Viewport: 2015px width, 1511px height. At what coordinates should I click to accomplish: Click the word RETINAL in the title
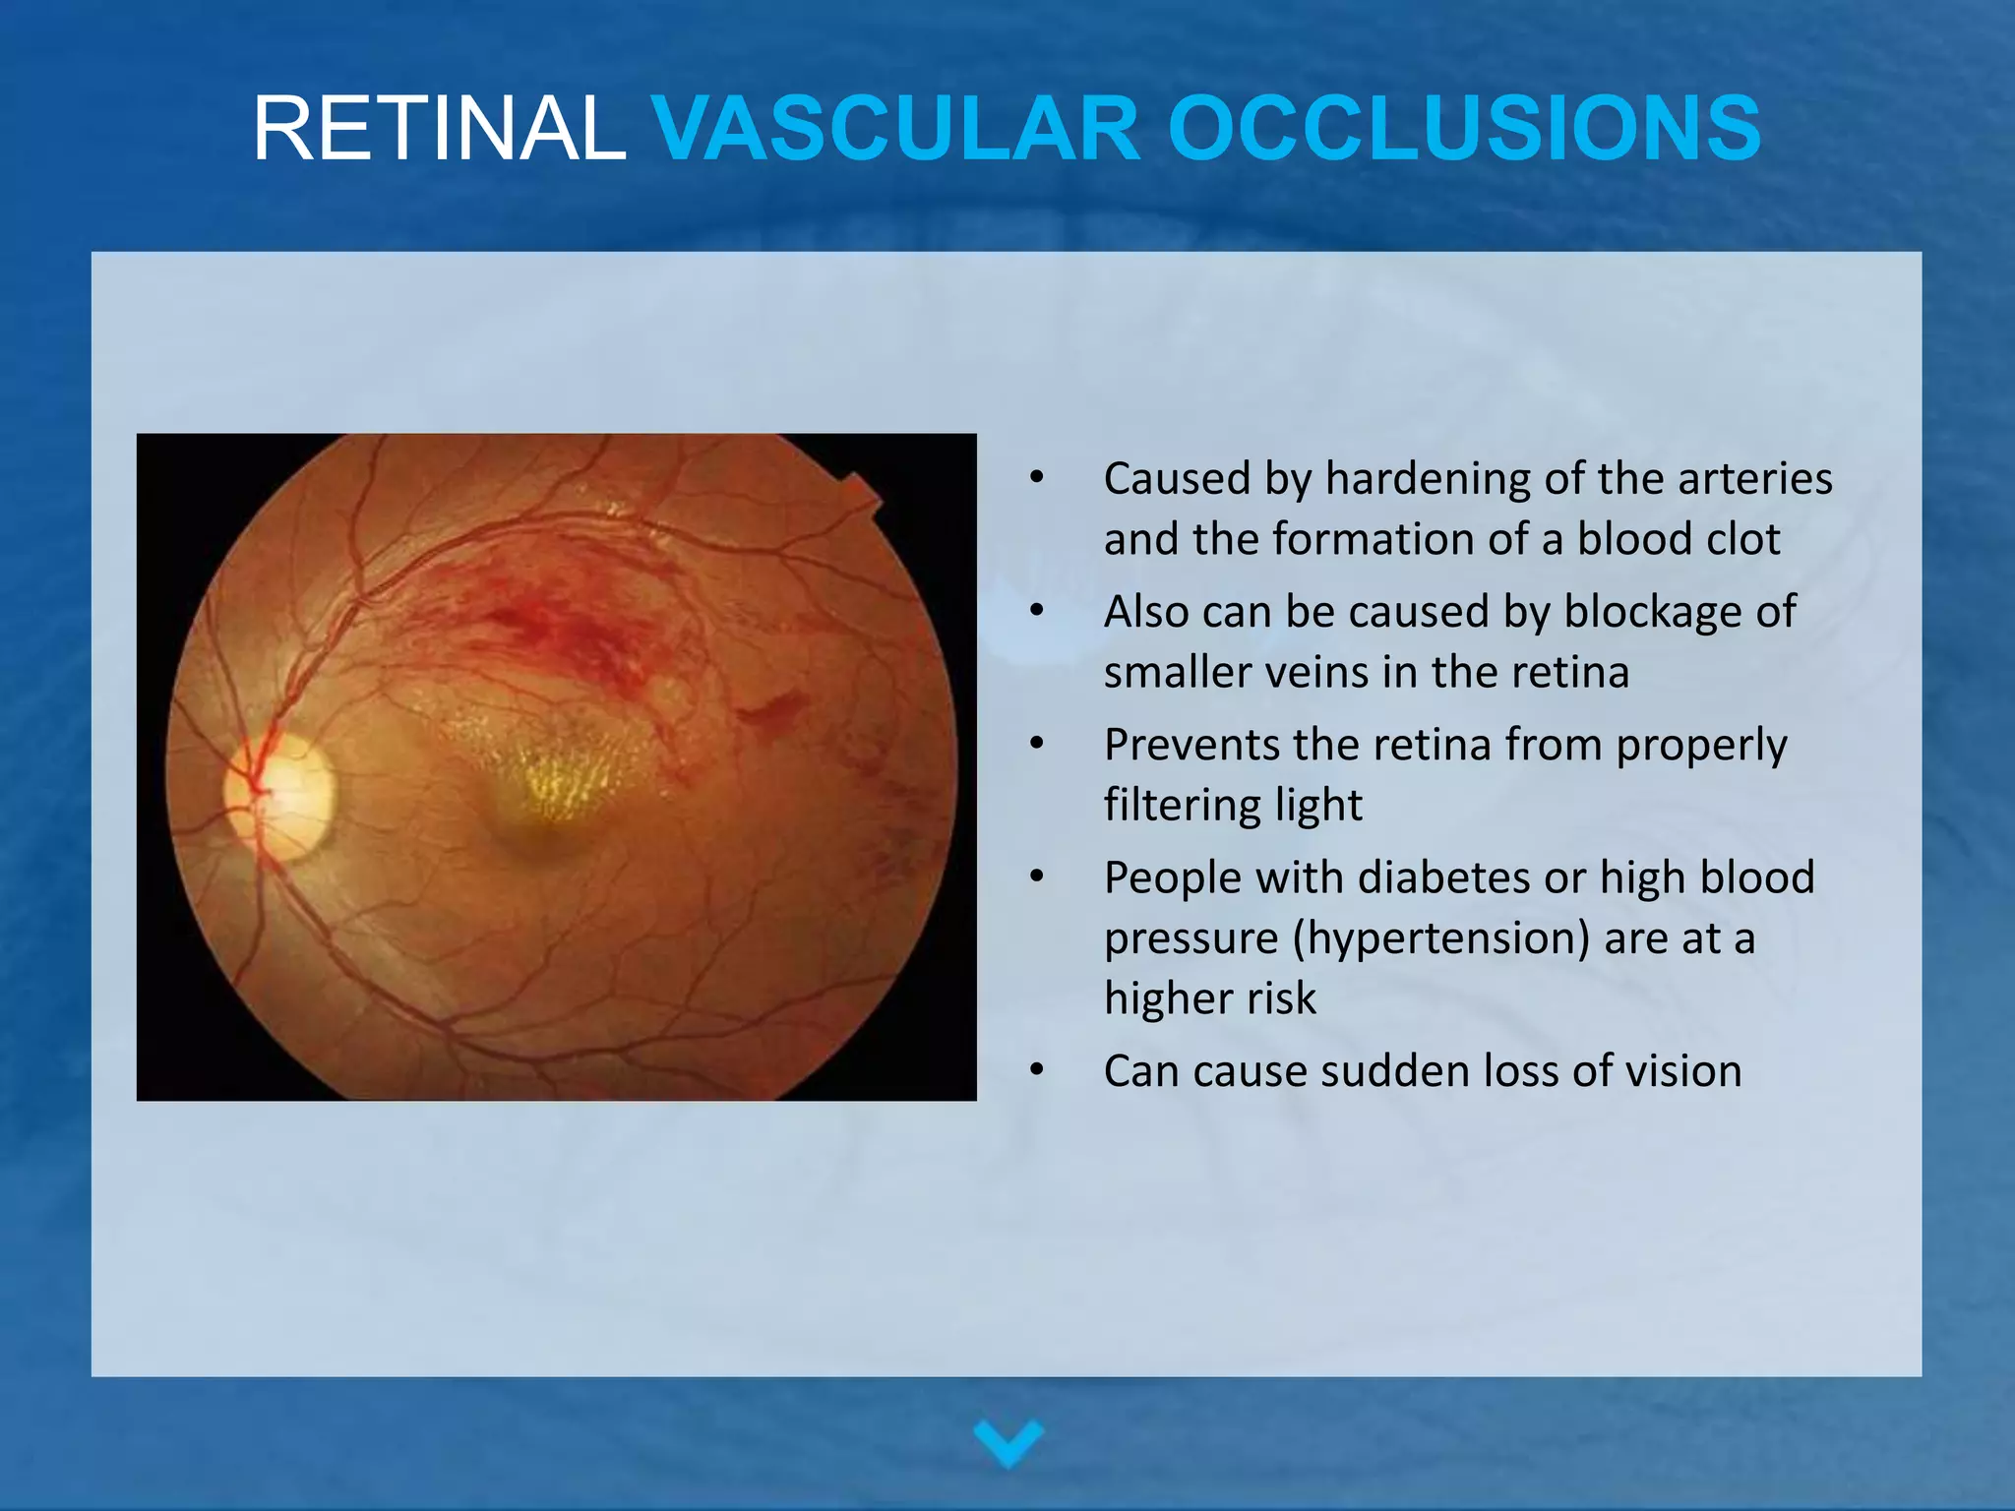(439, 129)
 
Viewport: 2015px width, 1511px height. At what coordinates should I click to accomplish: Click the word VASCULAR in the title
(896, 129)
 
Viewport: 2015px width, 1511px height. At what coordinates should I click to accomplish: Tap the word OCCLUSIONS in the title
(1464, 129)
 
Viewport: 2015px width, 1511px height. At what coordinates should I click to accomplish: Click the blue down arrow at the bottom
(1007, 1442)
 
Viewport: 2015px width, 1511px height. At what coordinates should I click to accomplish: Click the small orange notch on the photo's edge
(860, 491)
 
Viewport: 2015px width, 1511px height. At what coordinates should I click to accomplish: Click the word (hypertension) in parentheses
(1439, 938)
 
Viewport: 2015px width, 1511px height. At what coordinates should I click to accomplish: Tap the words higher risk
(1209, 998)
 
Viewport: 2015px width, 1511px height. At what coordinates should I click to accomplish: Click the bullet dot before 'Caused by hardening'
(1036, 478)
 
